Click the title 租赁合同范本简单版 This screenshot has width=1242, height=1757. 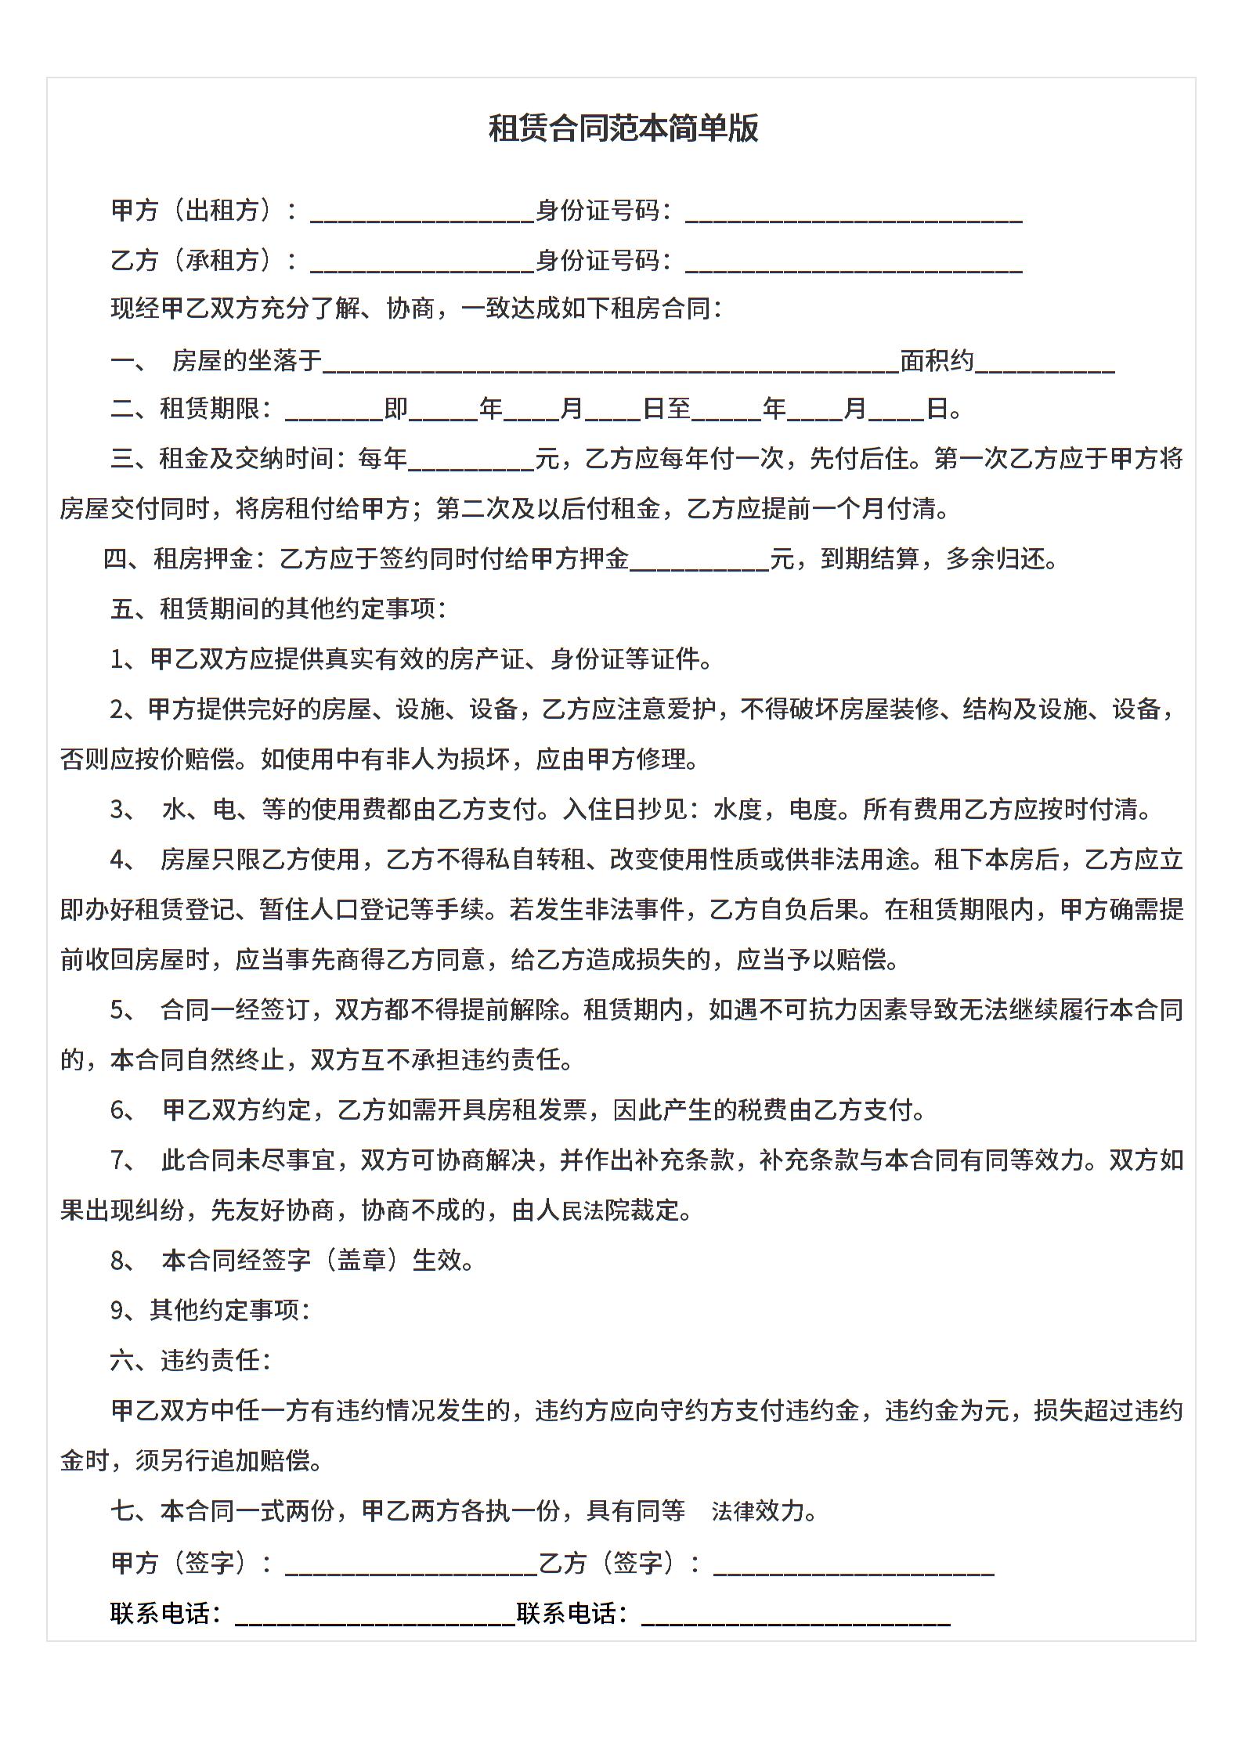tap(623, 128)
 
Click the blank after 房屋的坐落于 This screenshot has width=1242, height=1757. tap(611, 363)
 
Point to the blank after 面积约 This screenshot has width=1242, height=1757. tap(1045, 363)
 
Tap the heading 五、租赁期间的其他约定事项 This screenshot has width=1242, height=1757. tap(278, 609)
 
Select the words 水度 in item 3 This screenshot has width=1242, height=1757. tap(738, 810)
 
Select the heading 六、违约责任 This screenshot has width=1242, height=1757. tap(190, 1361)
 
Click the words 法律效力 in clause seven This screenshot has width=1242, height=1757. tap(757, 1511)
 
